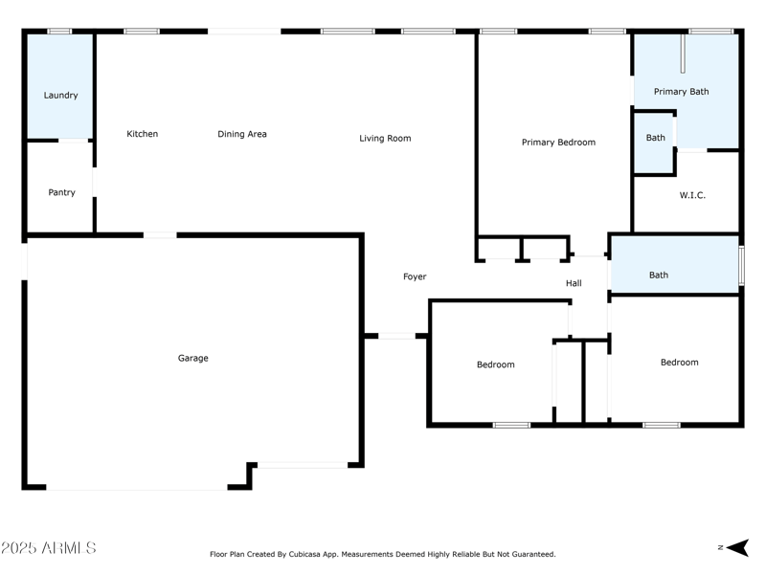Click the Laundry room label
pos(60,96)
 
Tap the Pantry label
pos(61,193)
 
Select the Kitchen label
pos(142,134)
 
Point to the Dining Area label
pos(242,134)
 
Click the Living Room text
pos(385,139)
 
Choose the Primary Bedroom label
pos(558,143)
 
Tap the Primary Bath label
pos(681,92)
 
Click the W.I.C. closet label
pos(692,195)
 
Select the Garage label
pos(193,358)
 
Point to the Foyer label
pos(415,276)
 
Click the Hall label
pos(574,283)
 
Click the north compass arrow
pos(737,547)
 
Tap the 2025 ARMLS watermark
pos(49,548)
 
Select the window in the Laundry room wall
pos(59,32)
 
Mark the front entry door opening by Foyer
pos(396,336)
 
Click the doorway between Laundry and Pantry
pos(74,141)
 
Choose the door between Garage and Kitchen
pos(160,235)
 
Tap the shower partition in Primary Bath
pos(683,54)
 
